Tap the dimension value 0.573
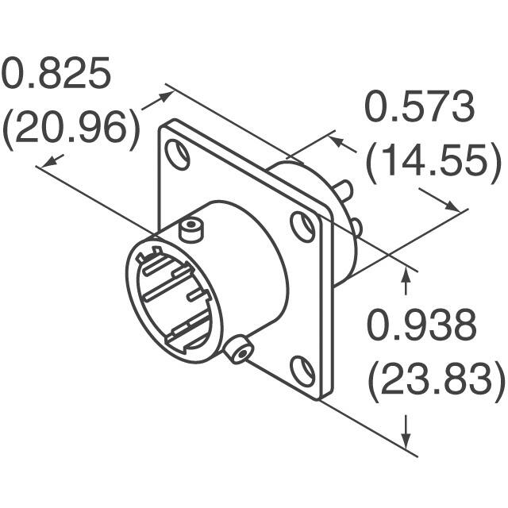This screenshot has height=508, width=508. (x=419, y=109)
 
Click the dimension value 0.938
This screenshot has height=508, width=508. (x=421, y=326)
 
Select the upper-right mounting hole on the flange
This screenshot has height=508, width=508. (x=302, y=226)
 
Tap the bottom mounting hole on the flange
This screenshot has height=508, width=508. (x=302, y=371)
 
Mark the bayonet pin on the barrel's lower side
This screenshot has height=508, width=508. (x=237, y=348)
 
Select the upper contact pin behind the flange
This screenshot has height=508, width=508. (x=344, y=190)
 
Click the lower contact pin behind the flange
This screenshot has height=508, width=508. (x=356, y=228)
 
